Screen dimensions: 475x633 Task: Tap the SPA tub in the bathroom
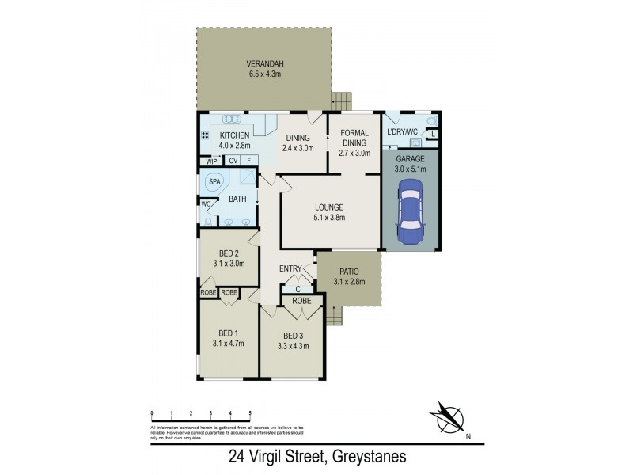214,182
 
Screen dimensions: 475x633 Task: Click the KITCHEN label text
234,135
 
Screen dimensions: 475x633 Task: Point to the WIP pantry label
210,161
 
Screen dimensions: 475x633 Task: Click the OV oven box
233,161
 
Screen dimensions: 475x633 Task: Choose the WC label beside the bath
206,203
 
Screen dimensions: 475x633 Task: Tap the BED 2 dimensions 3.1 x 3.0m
228,264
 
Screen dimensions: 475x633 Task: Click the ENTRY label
290,269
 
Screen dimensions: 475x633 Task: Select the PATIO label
348,271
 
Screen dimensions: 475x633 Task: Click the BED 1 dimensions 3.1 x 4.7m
228,343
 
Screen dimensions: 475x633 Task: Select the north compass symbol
446,417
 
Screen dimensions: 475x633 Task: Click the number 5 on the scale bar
250,414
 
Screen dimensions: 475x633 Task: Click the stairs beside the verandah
340,101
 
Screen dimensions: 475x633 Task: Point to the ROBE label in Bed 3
301,301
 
